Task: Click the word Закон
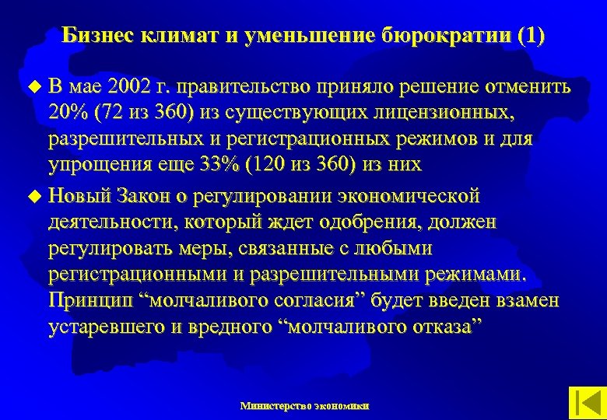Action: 146,194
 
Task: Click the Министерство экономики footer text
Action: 305,406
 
